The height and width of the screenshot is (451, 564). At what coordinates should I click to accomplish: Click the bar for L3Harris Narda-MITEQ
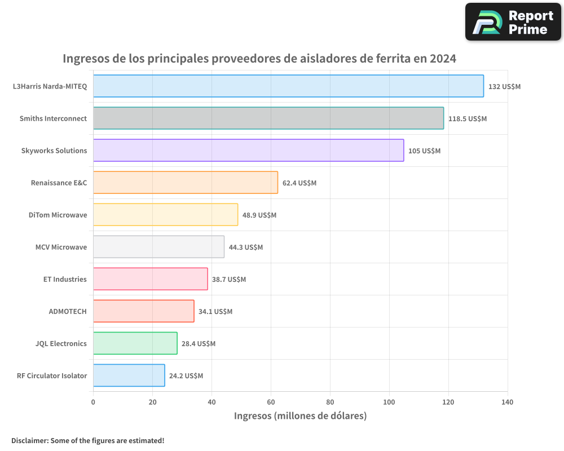pyautogui.click(x=288, y=86)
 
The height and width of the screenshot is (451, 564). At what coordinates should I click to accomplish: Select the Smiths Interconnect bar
pyautogui.click(x=268, y=118)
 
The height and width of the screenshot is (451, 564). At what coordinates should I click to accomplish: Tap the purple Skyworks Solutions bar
pyautogui.click(x=248, y=151)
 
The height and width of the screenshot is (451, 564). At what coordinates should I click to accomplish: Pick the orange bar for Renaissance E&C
pyautogui.click(x=186, y=183)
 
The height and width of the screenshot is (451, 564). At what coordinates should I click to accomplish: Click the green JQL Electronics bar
pyautogui.click(x=135, y=343)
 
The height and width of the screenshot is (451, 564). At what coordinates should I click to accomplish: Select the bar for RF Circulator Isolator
pyautogui.click(x=129, y=375)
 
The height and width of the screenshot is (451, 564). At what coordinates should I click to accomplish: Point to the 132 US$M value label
pyautogui.click(x=504, y=87)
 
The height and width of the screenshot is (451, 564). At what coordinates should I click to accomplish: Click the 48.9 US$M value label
pyautogui.click(x=259, y=215)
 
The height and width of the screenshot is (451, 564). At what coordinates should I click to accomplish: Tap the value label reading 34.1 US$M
pyautogui.click(x=215, y=312)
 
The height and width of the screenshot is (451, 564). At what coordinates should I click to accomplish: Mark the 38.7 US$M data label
pyautogui.click(x=229, y=280)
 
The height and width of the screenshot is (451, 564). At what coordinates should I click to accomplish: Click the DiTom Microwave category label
pyautogui.click(x=58, y=215)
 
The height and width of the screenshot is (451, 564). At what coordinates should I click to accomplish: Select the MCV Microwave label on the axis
pyautogui.click(x=61, y=247)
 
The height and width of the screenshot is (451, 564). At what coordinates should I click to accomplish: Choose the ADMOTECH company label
pyautogui.click(x=68, y=311)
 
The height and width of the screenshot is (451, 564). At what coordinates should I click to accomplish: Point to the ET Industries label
pyautogui.click(x=65, y=279)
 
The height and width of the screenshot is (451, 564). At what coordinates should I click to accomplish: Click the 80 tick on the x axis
pyautogui.click(x=330, y=403)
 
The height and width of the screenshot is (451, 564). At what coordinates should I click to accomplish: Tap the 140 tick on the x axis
pyautogui.click(x=507, y=403)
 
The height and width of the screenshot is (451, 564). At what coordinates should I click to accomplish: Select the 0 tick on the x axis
pyautogui.click(x=93, y=403)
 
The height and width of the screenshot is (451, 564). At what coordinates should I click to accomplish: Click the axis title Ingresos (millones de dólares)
pyautogui.click(x=300, y=416)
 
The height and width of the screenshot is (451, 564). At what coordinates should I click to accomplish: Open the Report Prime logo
pyautogui.click(x=513, y=22)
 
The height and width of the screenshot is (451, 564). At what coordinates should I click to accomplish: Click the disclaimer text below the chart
pyautogui.click(x=87, y=440)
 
